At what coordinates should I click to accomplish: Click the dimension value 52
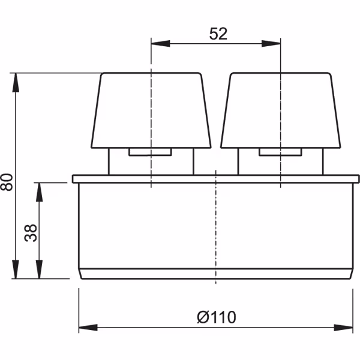coord(218,34)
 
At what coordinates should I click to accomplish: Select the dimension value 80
coord(7,181)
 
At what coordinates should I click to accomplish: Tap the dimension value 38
coord(32,230)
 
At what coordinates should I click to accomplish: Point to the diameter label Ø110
coord(217,317)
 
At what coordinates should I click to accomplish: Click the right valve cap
coord(281,111)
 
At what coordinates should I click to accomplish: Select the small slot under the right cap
coord(281,153)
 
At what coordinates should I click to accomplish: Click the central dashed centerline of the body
coord(215,228)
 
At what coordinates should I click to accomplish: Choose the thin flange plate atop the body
coord(215,179)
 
